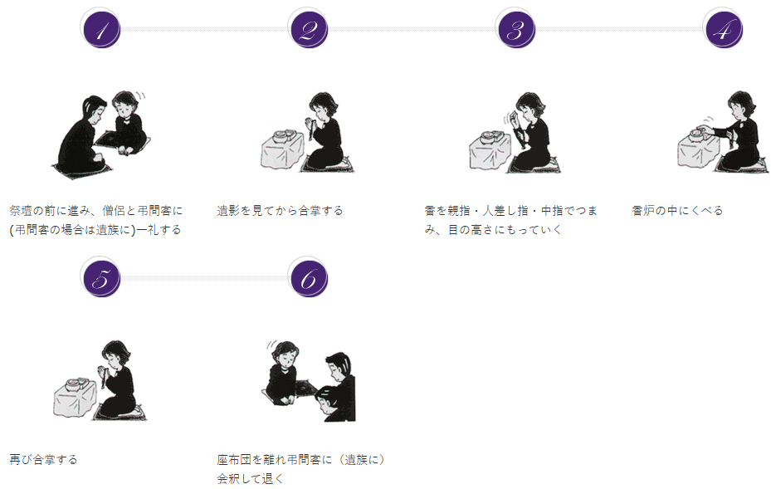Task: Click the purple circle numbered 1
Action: coord(100,29)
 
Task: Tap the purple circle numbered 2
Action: coord(308,29)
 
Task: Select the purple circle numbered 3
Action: coord(516,29)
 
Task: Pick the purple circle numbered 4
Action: coord(724,29)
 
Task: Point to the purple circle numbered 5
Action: coord(100,278)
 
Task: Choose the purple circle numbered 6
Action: coord(308,278)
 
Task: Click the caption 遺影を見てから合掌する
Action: coord(280,211)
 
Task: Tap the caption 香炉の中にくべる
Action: coord(677,211)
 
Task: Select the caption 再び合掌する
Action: coord(43,460)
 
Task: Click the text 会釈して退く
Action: coord(251,479)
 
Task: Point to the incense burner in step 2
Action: coord(283,135)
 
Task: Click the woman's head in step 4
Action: coord(741,105)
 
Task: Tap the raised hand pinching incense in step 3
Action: coord(515,119)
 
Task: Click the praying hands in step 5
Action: coord(103,371)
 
